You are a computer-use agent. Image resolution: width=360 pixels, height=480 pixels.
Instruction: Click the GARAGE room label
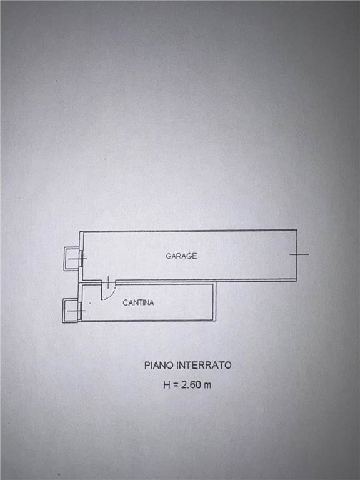coord(181,256)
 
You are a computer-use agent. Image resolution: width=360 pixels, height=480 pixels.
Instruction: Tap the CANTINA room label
coord(138,302)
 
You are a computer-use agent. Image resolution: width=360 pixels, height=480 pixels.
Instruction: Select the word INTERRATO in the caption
coord(204,366)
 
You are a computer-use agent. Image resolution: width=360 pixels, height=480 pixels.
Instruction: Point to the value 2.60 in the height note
coord(191,385)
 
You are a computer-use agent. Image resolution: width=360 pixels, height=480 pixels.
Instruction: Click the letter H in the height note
coord(166,385)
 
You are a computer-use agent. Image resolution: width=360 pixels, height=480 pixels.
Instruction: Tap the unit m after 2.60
coord(207,386)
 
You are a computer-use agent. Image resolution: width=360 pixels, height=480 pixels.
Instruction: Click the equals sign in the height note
coord(176,385)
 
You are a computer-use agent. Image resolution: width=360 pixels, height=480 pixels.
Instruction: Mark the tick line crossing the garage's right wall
coord(299,254)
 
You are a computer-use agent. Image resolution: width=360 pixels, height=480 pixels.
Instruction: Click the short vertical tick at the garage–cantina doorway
coord(108,282)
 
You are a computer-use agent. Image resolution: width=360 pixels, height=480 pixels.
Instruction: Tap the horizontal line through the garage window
coord(77,259)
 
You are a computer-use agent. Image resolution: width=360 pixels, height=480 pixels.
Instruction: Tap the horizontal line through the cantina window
coord(76,311)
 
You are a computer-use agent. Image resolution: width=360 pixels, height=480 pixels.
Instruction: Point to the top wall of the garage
coord(188,231)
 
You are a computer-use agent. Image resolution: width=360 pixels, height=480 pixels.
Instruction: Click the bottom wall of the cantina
coord(148,321)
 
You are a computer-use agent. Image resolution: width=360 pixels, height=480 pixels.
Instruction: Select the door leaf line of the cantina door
coord(102,290)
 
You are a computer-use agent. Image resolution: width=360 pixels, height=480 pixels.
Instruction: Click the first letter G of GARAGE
coord(168,256)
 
